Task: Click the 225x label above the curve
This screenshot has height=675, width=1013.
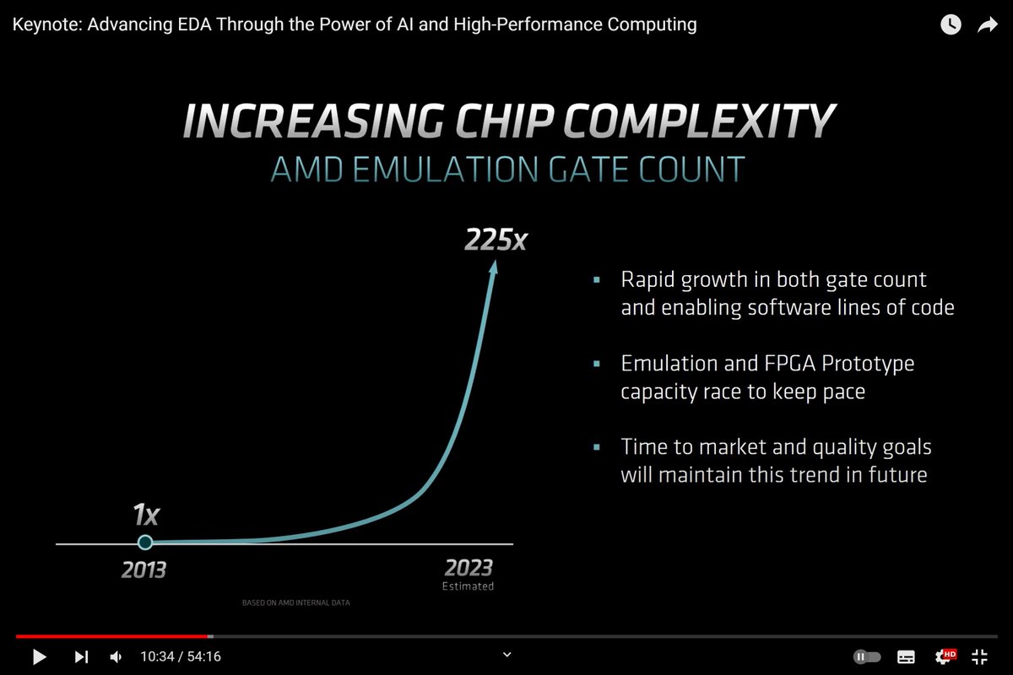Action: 496,240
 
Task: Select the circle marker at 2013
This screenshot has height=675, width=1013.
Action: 145,543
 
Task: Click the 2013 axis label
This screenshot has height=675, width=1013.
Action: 144,570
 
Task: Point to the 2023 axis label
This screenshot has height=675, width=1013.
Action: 468,567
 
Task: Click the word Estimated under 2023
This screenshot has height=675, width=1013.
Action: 468,586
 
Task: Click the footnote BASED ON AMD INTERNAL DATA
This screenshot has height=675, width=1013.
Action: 295,603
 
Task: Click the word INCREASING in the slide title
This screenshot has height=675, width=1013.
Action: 306,122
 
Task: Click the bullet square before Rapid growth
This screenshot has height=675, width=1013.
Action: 598,279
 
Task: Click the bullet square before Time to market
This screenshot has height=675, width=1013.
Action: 598,446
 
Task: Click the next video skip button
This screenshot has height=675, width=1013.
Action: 81,656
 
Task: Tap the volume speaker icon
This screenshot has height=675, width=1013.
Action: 116,656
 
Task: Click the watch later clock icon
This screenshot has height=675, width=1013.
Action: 951,25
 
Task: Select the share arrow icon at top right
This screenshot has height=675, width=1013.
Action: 987,25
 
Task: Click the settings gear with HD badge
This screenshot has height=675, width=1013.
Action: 944,656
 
